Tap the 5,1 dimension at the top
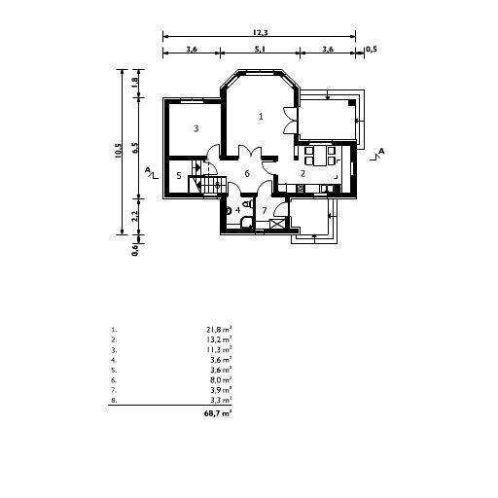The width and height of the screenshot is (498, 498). (260, 48)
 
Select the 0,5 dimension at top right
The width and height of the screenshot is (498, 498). (371, 48)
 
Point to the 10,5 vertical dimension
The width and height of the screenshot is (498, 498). (119, 151)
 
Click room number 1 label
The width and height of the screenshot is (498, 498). (261, 116)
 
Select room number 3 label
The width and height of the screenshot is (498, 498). (196, 127)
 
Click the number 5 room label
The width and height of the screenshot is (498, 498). (179, 175)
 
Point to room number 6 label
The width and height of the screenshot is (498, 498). (247, 173)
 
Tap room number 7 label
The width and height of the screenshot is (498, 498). (264, 210)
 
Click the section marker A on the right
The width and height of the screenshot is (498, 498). (381, 152)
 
